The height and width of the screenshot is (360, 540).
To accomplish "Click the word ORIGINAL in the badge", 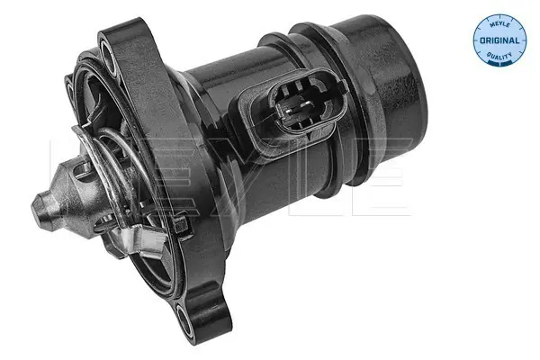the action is (x=499, y=40).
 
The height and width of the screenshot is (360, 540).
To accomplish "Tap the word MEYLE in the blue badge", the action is (x=499, y=24).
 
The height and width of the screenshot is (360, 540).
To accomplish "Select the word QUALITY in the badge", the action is (x=499, y=55).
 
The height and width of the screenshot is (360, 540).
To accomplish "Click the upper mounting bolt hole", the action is (x=110, y=58).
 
